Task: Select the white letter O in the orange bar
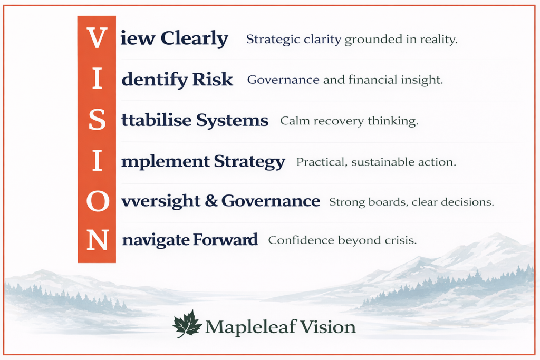pos(97,201)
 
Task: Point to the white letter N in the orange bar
pos(97,240)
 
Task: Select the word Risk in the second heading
pos(212,80)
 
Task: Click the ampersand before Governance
pos(213,201)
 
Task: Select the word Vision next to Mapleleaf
pos(329,327)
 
